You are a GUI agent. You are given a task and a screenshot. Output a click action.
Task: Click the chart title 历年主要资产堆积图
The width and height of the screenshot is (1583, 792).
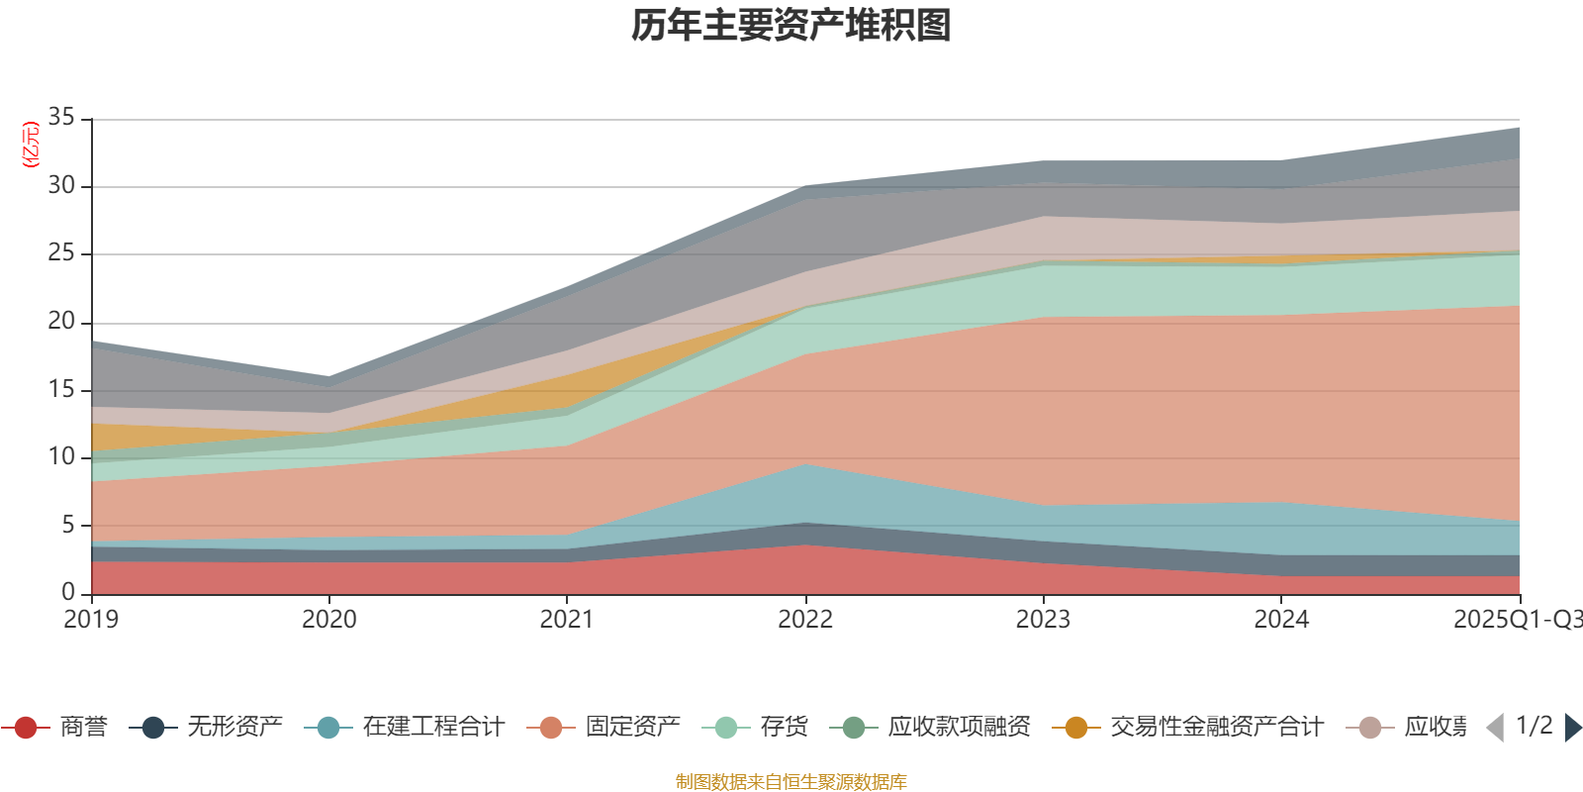[791, 26]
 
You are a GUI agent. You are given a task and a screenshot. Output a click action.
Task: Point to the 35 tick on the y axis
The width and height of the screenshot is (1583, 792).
[61, 118]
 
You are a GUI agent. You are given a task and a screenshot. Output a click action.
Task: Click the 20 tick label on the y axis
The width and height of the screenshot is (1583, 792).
[61, 321]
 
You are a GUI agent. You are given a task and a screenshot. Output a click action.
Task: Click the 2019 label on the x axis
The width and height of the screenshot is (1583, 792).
[91, 620]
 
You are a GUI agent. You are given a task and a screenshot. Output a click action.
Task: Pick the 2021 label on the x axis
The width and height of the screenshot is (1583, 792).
[566, 620]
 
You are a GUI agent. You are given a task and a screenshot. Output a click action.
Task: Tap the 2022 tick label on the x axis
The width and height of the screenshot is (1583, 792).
[804, 620]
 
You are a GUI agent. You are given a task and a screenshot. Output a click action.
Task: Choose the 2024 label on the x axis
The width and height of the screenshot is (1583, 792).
[1281, 620]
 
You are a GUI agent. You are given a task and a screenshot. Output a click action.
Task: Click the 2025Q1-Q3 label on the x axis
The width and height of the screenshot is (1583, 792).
[1516, 620]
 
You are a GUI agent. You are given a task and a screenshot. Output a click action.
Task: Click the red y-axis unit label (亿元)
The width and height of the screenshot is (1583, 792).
[31, 145]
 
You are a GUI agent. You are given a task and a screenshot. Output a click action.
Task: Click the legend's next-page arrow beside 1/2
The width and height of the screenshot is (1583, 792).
[1572, 728]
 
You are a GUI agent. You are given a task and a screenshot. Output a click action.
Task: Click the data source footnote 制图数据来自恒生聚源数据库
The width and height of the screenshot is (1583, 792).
[791, 782]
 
